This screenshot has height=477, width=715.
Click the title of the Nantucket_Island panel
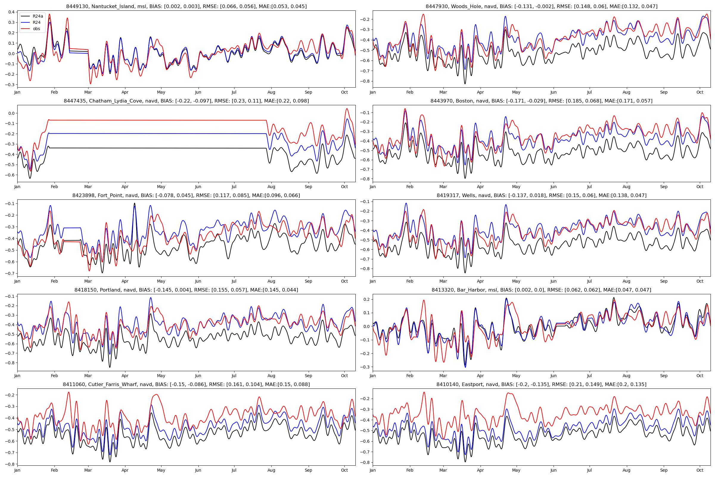coord(186,6)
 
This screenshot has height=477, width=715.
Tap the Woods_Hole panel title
coord(541,6)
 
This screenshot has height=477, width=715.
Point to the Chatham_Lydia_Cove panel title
coord(186,101)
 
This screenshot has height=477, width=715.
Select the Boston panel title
coord(541,101)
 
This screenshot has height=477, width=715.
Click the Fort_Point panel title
coord(186,196)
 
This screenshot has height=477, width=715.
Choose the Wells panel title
coord(541,196)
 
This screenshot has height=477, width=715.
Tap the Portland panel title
coord(186,290)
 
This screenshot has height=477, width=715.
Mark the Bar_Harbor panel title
coord(541,290)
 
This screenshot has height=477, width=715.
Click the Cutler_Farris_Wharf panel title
coord(186,385)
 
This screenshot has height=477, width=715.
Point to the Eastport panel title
coord(541,385)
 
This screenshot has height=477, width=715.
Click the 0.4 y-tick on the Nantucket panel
coord(11,12)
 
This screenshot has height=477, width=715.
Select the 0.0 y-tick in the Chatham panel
coord(11,114)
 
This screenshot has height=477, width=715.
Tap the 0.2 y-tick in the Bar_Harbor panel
coord(367,300)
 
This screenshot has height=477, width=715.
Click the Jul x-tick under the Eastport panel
coord(589,470)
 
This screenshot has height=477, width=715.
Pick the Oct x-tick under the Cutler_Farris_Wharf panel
coord(344,470)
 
